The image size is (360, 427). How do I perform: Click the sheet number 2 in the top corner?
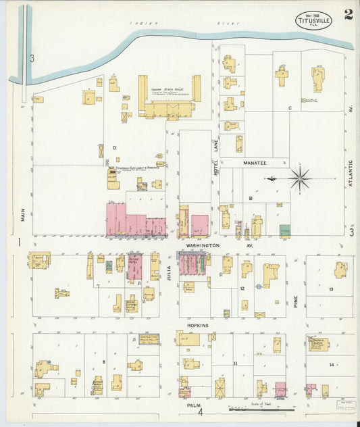pos(348,15)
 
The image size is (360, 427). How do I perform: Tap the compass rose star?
pos(301,178)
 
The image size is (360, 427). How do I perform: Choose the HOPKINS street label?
pos(197,325)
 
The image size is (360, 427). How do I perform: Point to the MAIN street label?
pos(22,216)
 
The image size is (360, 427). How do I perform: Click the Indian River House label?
pos(166,89)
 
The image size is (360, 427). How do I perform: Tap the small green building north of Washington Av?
pos(285,230)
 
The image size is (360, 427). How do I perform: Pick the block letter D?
pos(114,147)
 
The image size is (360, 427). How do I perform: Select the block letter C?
pos(289,108)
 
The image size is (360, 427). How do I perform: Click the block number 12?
pos(241,288)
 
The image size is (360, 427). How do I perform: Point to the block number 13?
pos(331,288)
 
